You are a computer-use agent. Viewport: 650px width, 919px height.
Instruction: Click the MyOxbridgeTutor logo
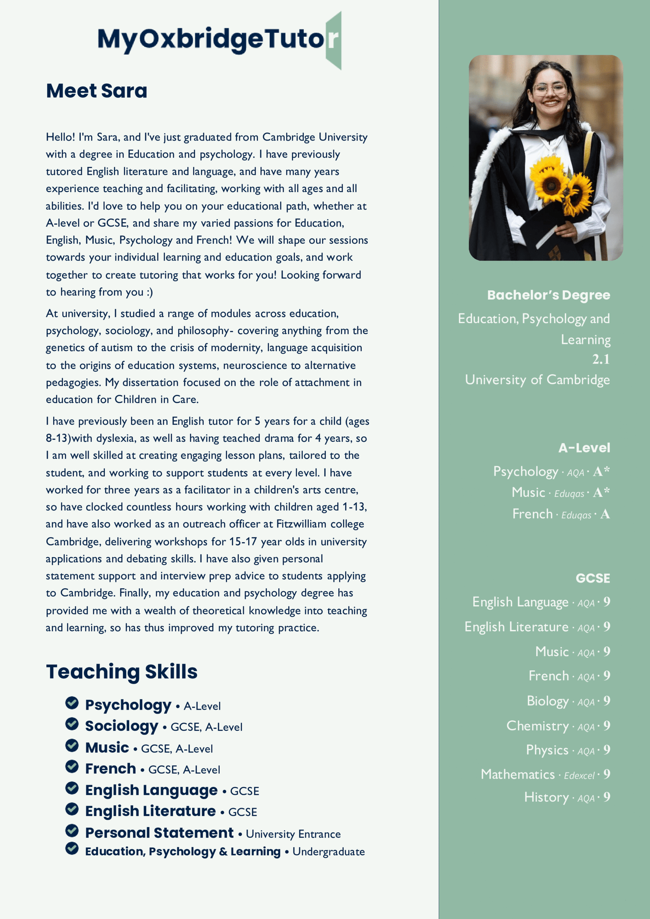pos(219,40)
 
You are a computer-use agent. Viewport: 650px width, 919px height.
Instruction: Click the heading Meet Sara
pos(96,91)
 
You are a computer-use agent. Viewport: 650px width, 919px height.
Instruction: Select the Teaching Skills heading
pos(121,672)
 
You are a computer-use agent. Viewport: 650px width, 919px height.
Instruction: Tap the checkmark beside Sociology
pos(72,723)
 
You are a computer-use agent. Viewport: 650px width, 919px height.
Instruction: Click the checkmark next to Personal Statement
pos(72,830)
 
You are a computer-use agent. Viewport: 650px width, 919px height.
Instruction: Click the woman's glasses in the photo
pos(549,89)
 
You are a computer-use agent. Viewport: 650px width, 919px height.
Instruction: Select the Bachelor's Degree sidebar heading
pos(548,295)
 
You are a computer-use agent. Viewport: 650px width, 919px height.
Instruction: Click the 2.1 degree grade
pos(601,359)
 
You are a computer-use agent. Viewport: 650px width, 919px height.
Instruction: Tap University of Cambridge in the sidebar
pos(537,380)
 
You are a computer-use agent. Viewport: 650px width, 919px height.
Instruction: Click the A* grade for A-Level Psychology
pos(601,471)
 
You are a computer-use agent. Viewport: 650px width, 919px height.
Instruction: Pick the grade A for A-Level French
pos(605,514)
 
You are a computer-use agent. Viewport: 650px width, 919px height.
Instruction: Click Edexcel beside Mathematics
pos(579,776)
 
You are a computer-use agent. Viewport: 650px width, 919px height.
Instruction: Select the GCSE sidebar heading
pos(593,578)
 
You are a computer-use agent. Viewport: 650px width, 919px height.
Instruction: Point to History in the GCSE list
pos(546,797)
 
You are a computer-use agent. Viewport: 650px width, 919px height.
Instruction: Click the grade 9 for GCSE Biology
pos(607,701)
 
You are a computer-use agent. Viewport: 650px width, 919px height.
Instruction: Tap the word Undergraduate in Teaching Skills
pos(328,852)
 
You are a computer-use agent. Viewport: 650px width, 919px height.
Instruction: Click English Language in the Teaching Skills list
pos(151,790)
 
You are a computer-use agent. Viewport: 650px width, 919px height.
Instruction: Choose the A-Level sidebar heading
pos(584,448)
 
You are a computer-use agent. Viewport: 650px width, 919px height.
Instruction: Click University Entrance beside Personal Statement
pos(293,834)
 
